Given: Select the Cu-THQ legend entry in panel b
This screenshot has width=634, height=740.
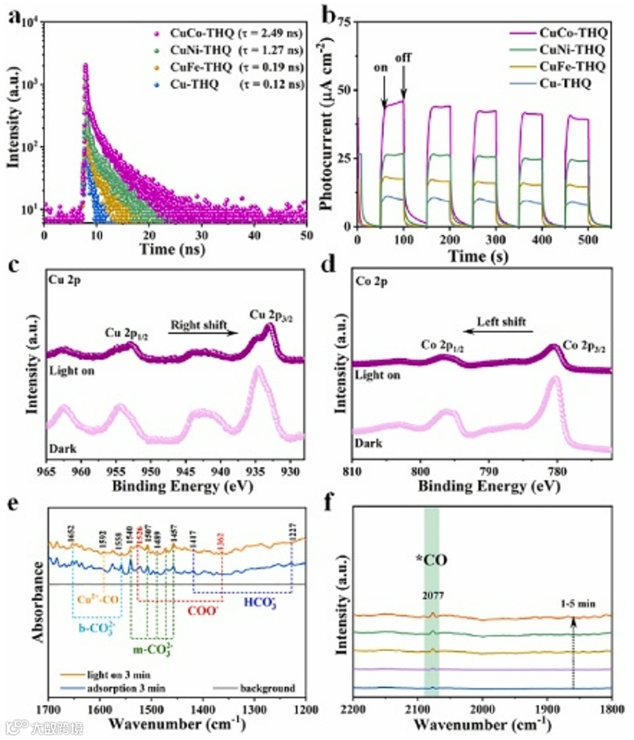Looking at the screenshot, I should (569, 83).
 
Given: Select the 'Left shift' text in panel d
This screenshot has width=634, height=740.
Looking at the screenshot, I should (502, 321).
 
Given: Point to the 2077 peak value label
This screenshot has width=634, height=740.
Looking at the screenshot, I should (432, 598).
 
